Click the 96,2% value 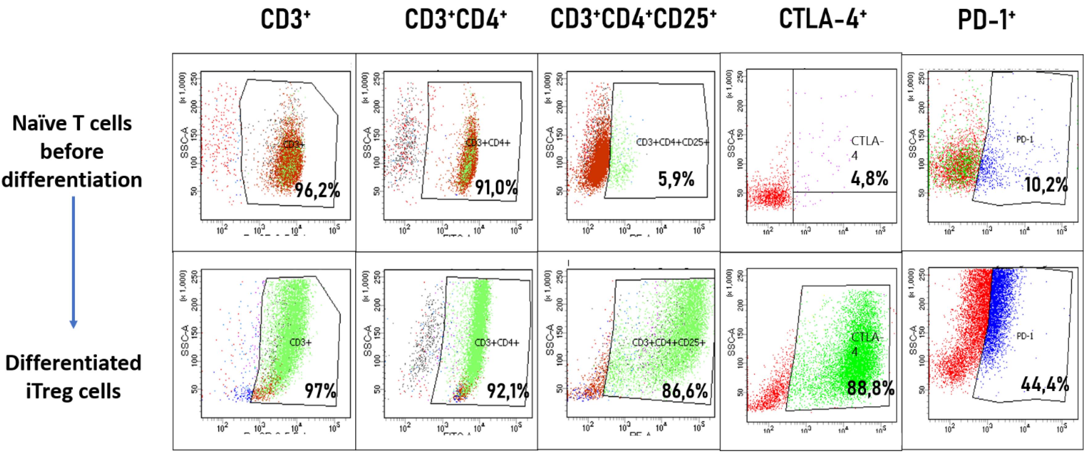[317, 191]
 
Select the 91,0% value [496, 187]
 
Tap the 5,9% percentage [676, 179]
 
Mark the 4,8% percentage [869, 179]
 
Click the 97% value [321, 391]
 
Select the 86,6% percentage [684, 391]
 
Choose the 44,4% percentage [1045, 385]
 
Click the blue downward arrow [73, 262]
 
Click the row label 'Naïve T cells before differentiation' [72, 151]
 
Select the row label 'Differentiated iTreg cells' [73, 377]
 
